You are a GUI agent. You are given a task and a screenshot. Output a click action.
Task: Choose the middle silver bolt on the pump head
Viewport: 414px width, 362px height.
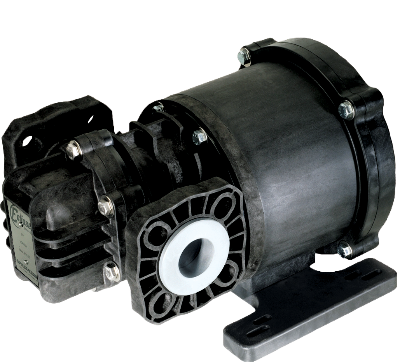(105, 205)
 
